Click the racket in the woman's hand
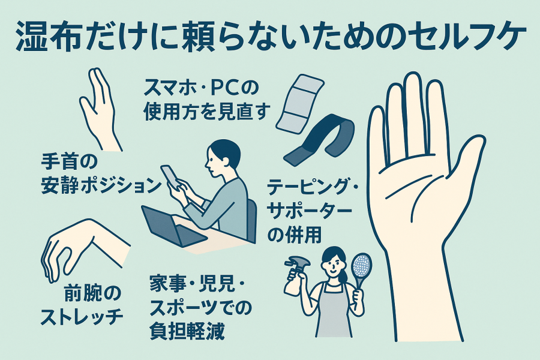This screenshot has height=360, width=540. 361,272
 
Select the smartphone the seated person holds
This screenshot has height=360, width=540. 170,177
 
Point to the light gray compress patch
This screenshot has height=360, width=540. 300,103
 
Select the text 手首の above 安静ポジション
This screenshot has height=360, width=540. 65,162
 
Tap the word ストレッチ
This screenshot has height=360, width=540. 82,317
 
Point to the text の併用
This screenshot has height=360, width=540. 295,235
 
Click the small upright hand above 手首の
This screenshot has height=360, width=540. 100,110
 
